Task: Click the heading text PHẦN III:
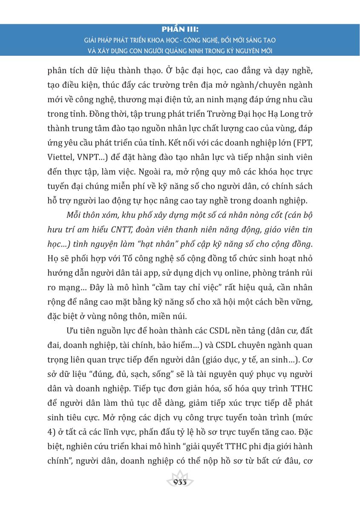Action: pos(180,30)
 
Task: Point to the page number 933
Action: pos(180,482)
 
